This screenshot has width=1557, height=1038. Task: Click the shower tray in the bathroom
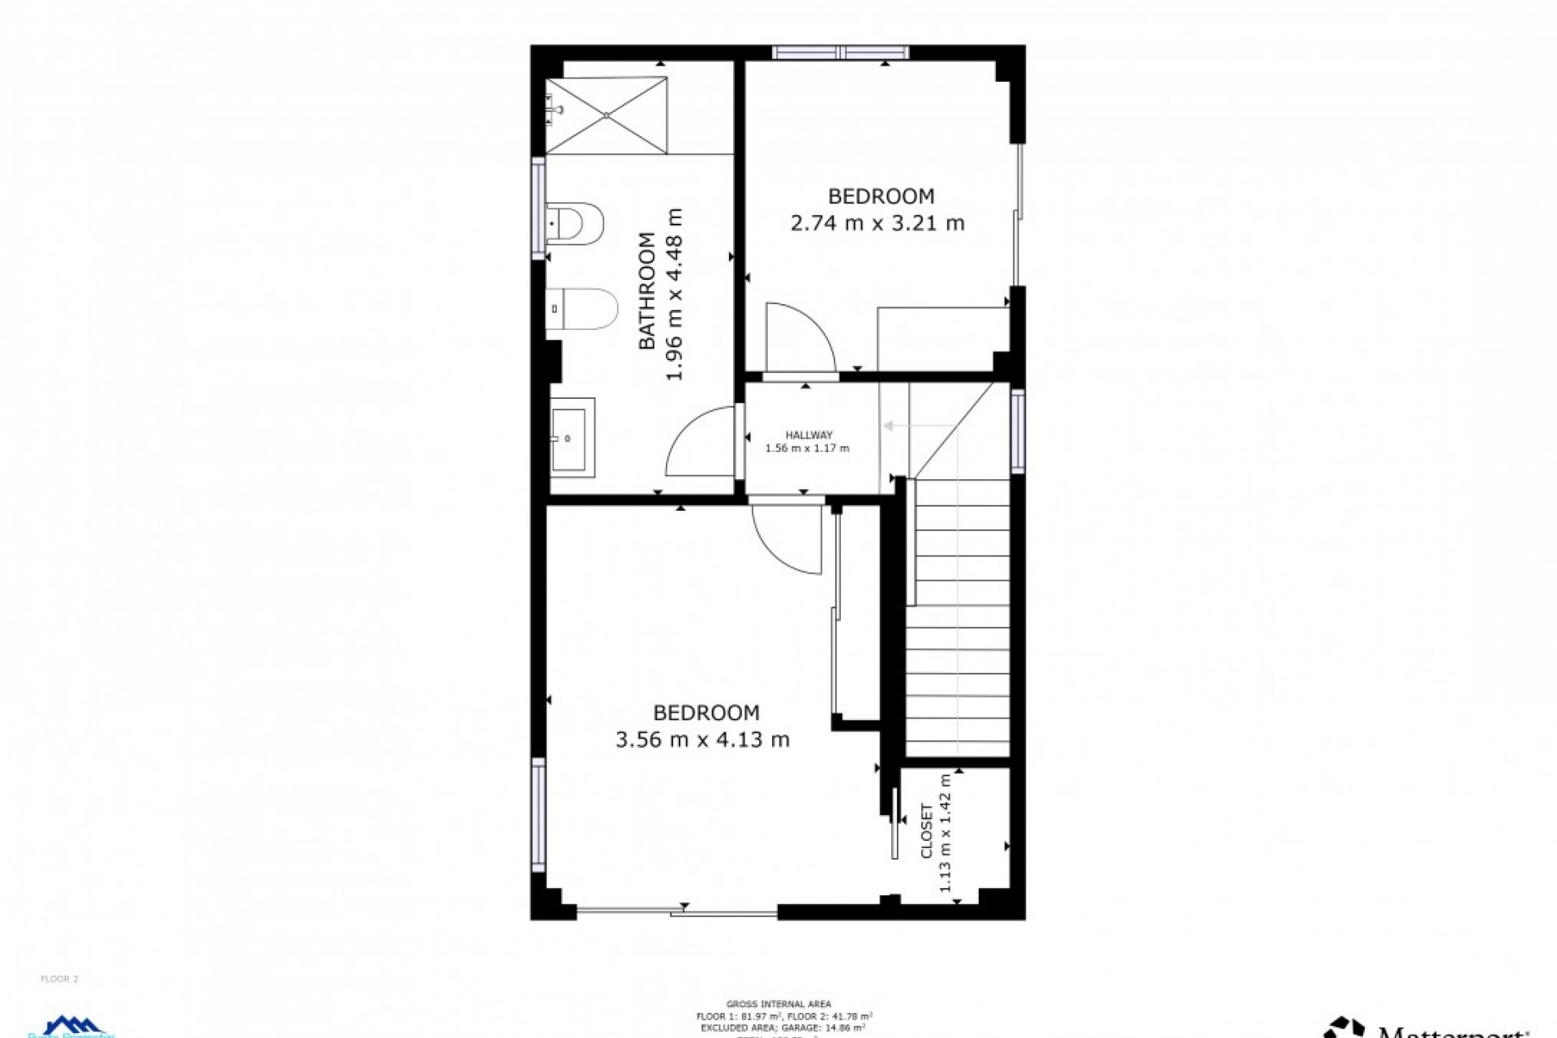tap(607, 115)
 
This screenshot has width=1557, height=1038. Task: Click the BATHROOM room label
tap(647, 291)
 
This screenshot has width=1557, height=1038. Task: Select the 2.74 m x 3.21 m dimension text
tap(877, 223)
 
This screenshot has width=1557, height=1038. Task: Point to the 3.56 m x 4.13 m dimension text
tap(702, 740)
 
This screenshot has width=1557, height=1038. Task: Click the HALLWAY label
tap(809, 435)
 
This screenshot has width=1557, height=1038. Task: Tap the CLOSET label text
tap(927, 830)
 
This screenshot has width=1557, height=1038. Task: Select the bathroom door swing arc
tap(697, 442)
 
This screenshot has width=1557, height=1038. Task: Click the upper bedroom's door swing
tap(799, 337)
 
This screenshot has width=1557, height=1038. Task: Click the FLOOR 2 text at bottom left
tap(59, 979)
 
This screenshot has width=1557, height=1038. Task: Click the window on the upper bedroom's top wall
tap(840, 53)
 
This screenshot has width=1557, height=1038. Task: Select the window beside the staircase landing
tap(1017, 430)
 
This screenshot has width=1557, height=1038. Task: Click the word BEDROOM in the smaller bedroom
tap(881, 196)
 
